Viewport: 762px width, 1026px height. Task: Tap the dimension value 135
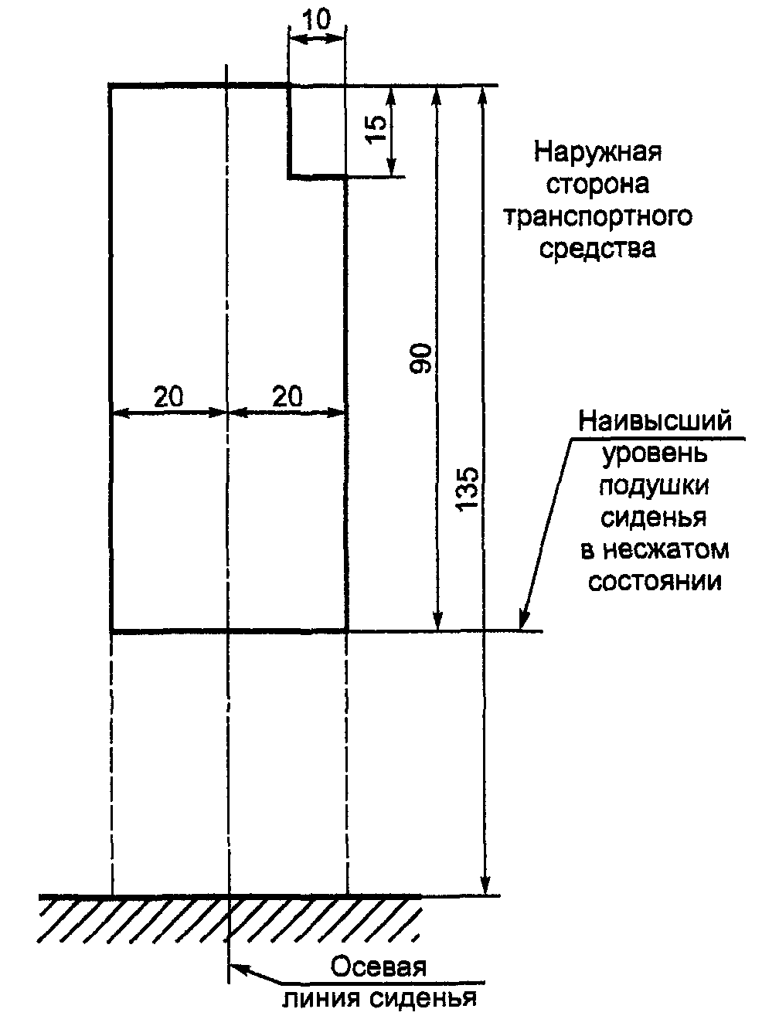468,488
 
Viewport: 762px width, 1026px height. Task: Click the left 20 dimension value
168,396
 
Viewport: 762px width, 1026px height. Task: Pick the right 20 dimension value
287,396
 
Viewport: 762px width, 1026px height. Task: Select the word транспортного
598,216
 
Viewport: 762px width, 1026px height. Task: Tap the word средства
598,249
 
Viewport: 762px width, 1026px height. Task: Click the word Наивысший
655,422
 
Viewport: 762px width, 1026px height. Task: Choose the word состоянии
655,581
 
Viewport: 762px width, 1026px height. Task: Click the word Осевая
379,967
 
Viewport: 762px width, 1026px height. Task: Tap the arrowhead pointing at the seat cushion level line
524,623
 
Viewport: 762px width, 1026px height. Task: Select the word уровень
655,454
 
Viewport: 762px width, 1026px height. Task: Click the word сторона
598,184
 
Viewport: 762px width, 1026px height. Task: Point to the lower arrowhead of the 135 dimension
485,888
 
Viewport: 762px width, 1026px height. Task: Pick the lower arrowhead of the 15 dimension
391,172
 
